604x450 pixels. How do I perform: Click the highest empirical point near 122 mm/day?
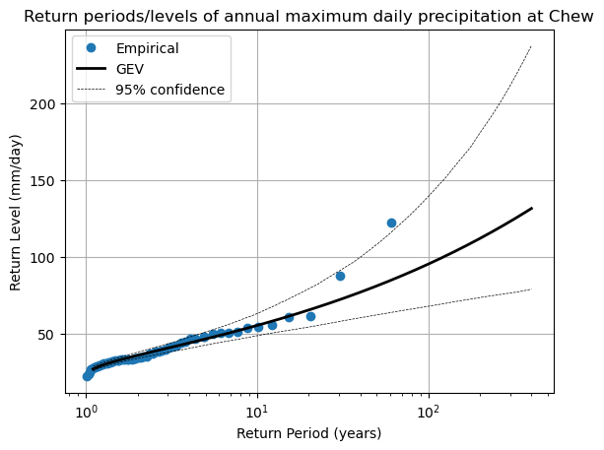click(391, 223)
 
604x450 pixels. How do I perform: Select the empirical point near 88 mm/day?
click(340, 276)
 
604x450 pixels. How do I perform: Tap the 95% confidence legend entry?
click(170, 91)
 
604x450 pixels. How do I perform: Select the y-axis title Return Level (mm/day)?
click(16, 213)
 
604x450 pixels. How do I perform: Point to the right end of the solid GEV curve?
click(532, 208)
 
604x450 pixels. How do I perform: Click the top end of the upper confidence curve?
click(531, 46)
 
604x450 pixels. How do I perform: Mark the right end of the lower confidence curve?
click(531, 289)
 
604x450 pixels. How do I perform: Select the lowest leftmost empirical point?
click(87, 376)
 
